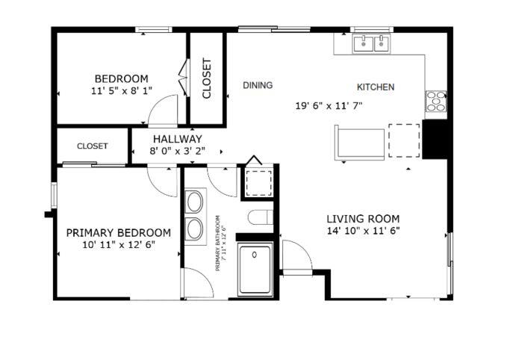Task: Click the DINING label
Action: tap(258, 85)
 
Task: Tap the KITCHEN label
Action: tap(376, 87)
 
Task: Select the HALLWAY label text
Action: tap(177, 139)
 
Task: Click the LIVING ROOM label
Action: tap(363, 219)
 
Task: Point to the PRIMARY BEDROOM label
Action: tap(119, 233)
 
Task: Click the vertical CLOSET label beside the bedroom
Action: tap(207, 78)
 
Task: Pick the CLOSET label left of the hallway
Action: tap(93, 146)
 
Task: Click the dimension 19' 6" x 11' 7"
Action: tap(329, 106)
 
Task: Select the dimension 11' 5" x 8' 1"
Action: tap(122, 90)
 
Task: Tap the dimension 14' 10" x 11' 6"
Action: tap(363, 231)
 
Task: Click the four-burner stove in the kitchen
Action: tap(436, 101)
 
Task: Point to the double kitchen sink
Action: tap(372, 43)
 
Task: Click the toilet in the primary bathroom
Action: tap(260, 217)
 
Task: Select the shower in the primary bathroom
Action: tap(255, 270)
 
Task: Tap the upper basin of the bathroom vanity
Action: tap(195, 202)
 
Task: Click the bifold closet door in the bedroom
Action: tap(184, 78)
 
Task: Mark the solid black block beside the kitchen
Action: tap(435, 139)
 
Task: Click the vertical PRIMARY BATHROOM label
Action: tap(220, 243)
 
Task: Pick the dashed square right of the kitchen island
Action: tap(404, 140)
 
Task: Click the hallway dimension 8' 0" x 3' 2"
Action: tap(177, 151)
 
